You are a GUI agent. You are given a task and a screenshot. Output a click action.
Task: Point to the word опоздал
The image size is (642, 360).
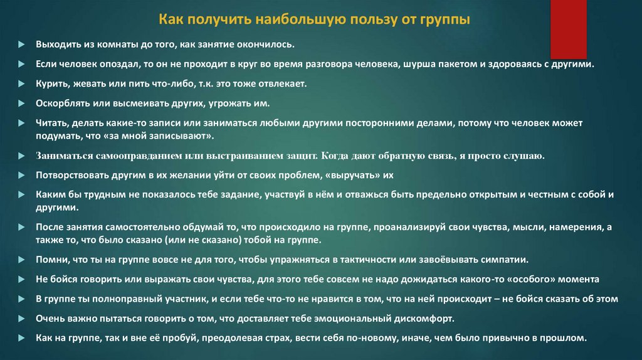click(118, 65)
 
